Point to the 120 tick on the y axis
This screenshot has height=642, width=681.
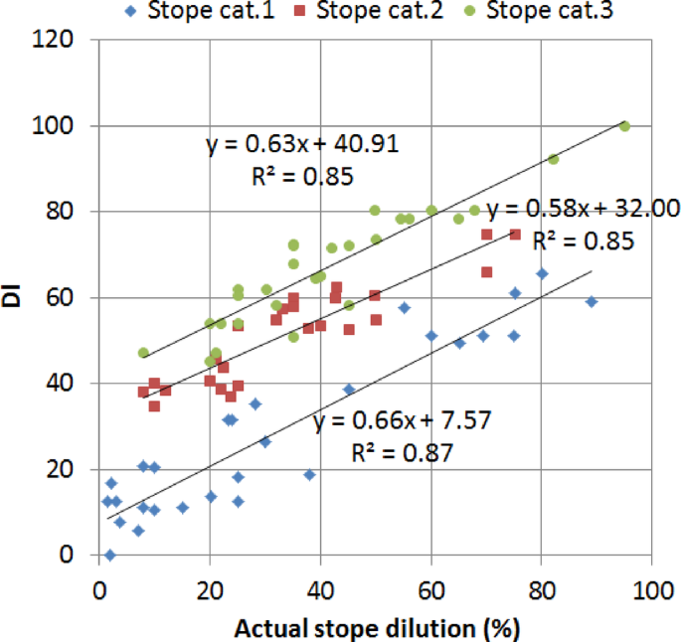pos(68,41)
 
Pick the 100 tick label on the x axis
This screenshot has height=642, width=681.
pos(651,589)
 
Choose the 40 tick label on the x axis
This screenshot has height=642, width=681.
pos(320,589)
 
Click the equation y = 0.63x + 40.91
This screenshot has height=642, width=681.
pos(302,145)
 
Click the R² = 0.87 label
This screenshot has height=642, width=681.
pos(403,453)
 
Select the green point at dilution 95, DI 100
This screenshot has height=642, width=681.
pos(624,126)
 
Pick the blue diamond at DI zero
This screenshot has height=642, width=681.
pos(109,555)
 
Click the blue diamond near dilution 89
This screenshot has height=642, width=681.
pos(592,301)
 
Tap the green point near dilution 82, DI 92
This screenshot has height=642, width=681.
pos(553,159)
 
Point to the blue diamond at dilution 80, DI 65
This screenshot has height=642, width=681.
pos(542,273)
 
